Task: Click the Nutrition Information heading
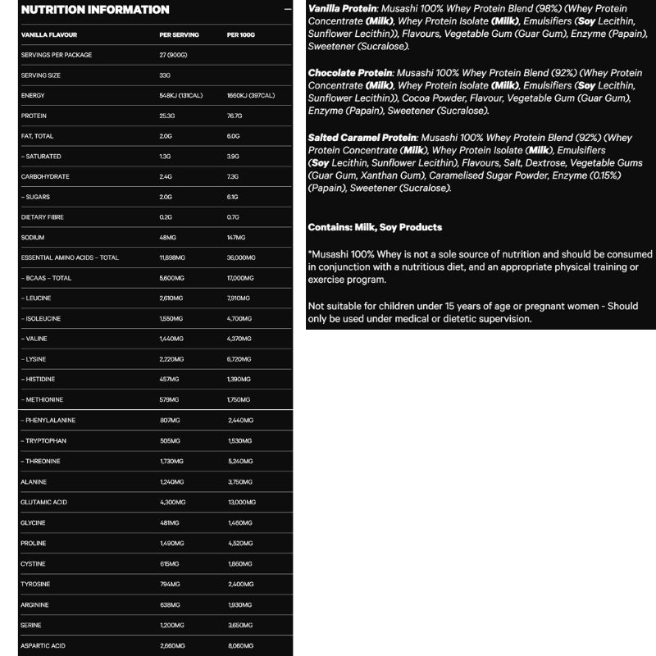point(95,10)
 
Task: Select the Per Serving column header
point(178,35)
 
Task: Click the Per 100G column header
point(242,35)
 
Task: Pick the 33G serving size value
point(165,75)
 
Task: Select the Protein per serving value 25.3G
point(168,116)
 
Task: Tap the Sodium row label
point(34,237)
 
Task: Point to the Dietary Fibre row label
point(41,217)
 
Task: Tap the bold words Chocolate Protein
point(349,73)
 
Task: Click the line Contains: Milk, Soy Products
point(375,227)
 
